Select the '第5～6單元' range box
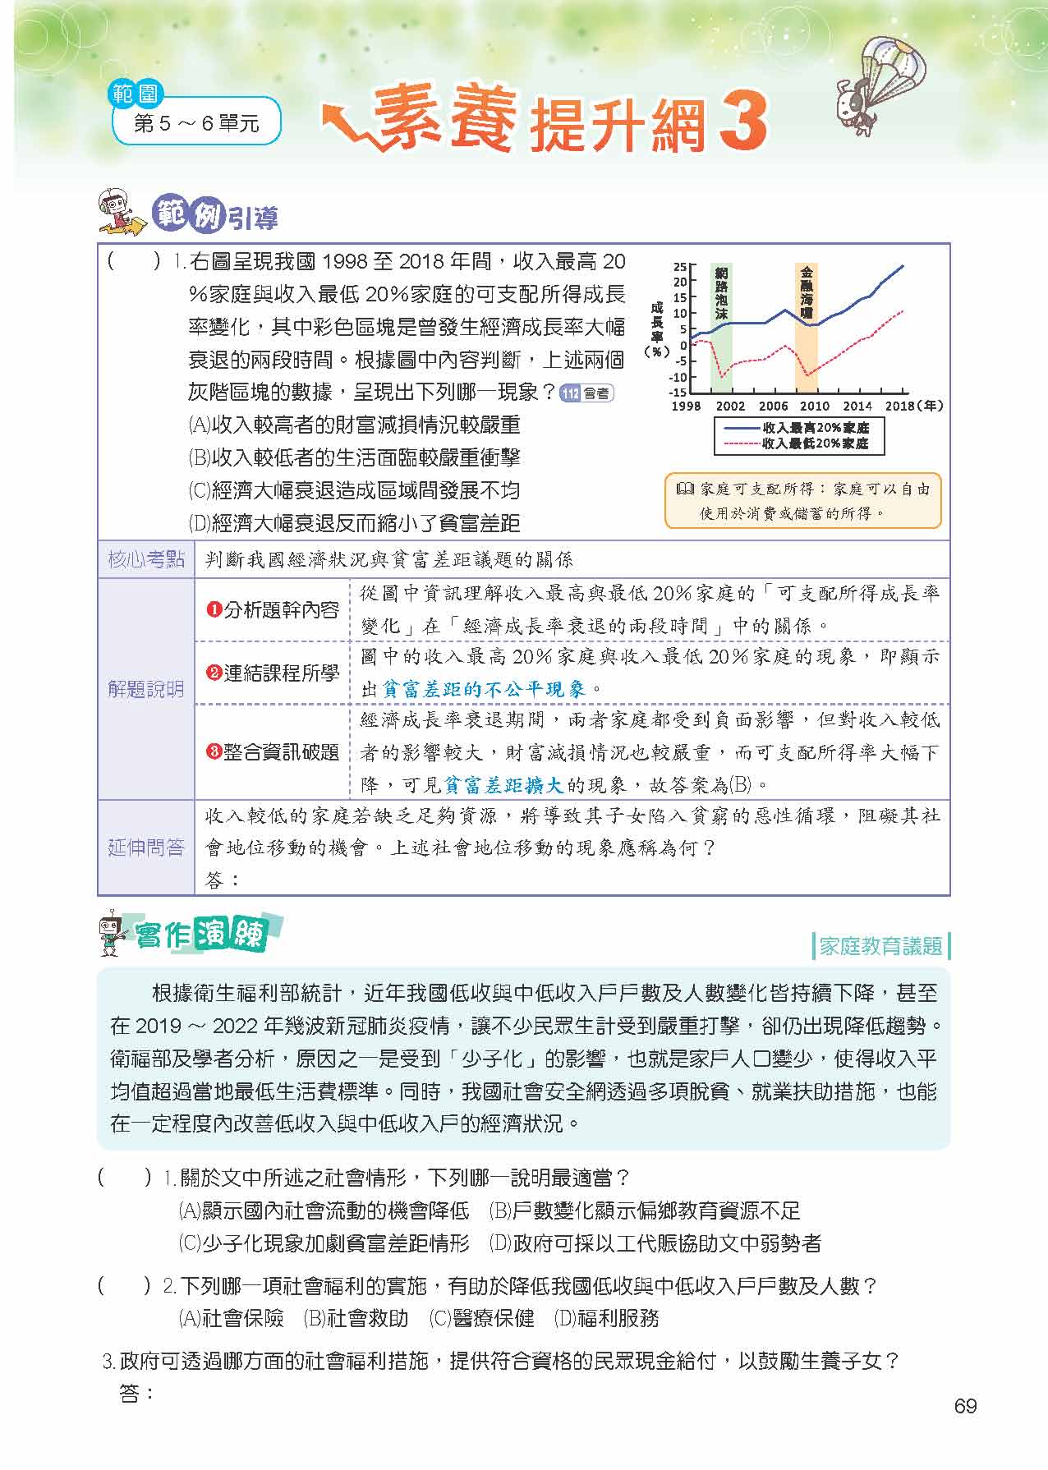(x=196, y=123)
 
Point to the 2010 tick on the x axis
(x=814, y=406)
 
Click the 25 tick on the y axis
(x=679, y=267)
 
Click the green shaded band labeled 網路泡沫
(x=721, y=328)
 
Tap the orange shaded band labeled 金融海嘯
(x=807, y=328)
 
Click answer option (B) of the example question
(x=354, y=457)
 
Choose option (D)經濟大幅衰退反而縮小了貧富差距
(x=354, y=523)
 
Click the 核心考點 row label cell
(x=146, y=560)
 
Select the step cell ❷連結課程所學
(x=273, y=673)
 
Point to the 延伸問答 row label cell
(x=146, y=848)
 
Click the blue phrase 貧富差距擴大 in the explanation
(x=503, y=785)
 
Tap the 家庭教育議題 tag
(x=880, y=946)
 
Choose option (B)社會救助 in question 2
(x=356, y=1318)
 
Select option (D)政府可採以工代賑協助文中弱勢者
(x=655, y=1243)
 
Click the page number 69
(x=965, y=1406)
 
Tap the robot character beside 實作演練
(x=112, y=934)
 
